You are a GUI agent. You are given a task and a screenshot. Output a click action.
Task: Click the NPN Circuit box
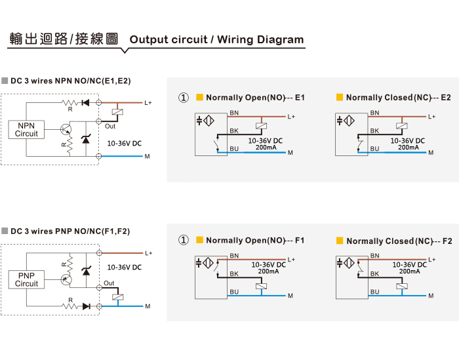click(x=26, y=129)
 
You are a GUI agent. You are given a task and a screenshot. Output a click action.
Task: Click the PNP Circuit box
click(x=26, y=279)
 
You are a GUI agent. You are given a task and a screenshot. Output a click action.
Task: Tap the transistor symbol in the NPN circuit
click(x=66, y=129)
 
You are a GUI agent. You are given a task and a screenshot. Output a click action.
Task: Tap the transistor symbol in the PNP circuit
click(x=66, y=279)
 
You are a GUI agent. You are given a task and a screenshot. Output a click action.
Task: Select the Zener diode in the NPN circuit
click(x=86, y=139)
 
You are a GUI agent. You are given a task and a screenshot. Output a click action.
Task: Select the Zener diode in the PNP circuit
click(x=86, y=271)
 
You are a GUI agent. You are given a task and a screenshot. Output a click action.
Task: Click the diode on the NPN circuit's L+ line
click(x=86, y=103)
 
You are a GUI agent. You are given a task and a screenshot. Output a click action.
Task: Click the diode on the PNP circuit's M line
click(x=87, y=306)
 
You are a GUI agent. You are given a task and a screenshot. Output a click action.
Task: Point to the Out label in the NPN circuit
click(x=110, y=126)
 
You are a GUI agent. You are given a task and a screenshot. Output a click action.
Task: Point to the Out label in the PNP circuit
click(x=109, y=283)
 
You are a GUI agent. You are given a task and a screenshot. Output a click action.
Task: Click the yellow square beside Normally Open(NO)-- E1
click(x=199, y=97)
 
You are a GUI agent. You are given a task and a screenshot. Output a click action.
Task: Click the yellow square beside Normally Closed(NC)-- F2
click(x=340, y=241)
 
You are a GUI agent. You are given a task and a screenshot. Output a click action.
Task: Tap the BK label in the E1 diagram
click(x=234, y=131)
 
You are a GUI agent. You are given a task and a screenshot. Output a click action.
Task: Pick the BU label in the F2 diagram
click(x=374, y=292)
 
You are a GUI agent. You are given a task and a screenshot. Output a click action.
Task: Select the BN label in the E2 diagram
click(x=374, y=113)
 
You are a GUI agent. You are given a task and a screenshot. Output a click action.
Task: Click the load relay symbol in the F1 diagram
click(x=262, y=287)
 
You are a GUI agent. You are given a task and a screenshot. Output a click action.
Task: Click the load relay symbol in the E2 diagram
click(x=402, y=126)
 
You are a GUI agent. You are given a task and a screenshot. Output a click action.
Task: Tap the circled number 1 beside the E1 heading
click(x=184, y=98)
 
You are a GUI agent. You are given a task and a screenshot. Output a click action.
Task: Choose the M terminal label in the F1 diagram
click(x=290, y=296)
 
